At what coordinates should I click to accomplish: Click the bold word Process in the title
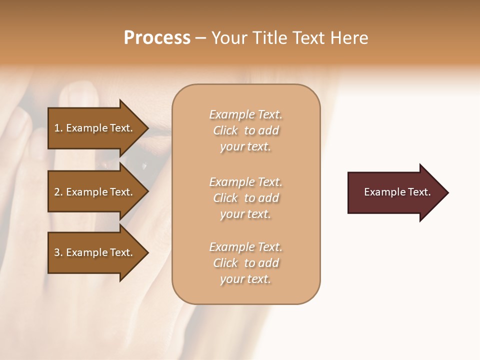[x=157, y=38]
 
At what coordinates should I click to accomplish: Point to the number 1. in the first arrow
[x=58, y=128]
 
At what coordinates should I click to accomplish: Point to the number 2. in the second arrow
[x=58, y=192]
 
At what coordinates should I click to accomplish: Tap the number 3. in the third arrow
[x=58, y=252]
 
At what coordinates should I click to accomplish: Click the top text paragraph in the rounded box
[x=245, y=130]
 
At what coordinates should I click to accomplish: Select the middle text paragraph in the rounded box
[x=245, y=198]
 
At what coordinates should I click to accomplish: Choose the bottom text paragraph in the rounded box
[x=245, y=263]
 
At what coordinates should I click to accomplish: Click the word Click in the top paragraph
[x=225, y=130]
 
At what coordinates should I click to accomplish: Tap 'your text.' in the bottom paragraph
[x=245, y=279]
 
